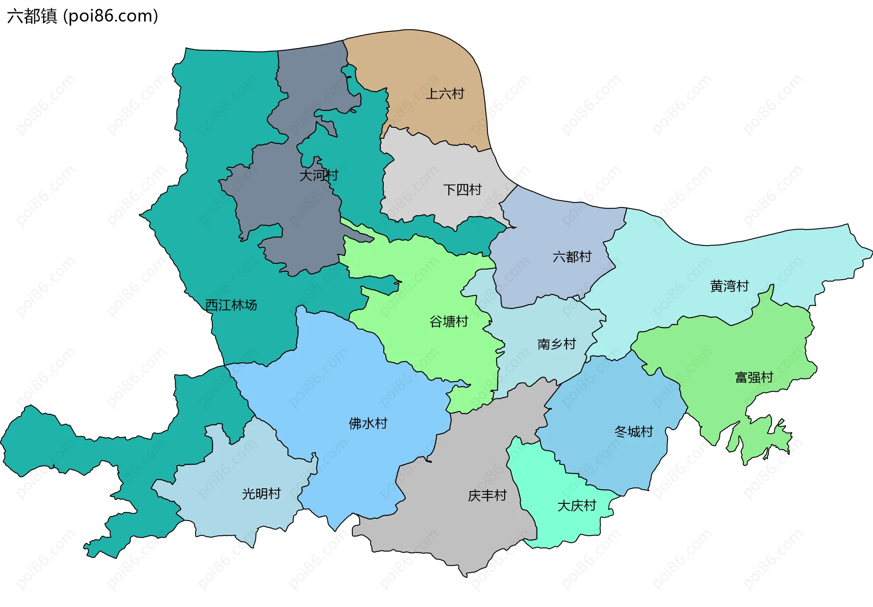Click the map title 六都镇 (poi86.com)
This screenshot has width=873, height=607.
click(x=82, y=16)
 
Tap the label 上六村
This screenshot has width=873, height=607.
click(x=445, y=94)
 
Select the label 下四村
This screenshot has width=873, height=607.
click(x=462, y=190)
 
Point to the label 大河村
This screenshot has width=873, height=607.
click(x=319, y=175)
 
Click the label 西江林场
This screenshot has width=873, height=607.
click(x=231, y=305)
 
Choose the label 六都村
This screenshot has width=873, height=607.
click(x=572, y=257)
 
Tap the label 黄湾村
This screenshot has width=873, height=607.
click(x=729, y=286)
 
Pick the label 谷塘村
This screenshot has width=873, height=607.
click(x=449, y=321)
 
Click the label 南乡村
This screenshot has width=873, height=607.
click(x=557, y=344)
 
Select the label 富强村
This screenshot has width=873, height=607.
click(x=754, y=377)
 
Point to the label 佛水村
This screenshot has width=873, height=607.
click(x=368, y=423)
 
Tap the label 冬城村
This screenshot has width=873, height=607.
click(x=634, y=431)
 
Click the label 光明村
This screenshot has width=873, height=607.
click(x=261, y=494)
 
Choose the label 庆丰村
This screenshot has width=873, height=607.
click(x=487, y=496)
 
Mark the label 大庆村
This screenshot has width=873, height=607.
click(x=577, y=506)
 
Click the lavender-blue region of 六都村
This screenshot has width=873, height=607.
click(x=546, y=227)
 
